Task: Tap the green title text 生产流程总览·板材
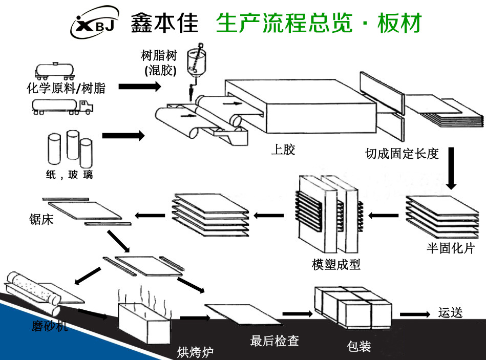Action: click(318, 23)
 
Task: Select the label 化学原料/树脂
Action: click(66, 88)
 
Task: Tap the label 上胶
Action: click(283, 150)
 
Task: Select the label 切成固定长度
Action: click(402, 154)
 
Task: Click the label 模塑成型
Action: click(336, 264)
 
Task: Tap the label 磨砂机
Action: click(49, 326)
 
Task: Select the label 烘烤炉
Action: click(195, 352)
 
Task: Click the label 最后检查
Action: click(274, 340)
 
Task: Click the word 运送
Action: click(451, 312)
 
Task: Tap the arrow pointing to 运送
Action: click(414, 314)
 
